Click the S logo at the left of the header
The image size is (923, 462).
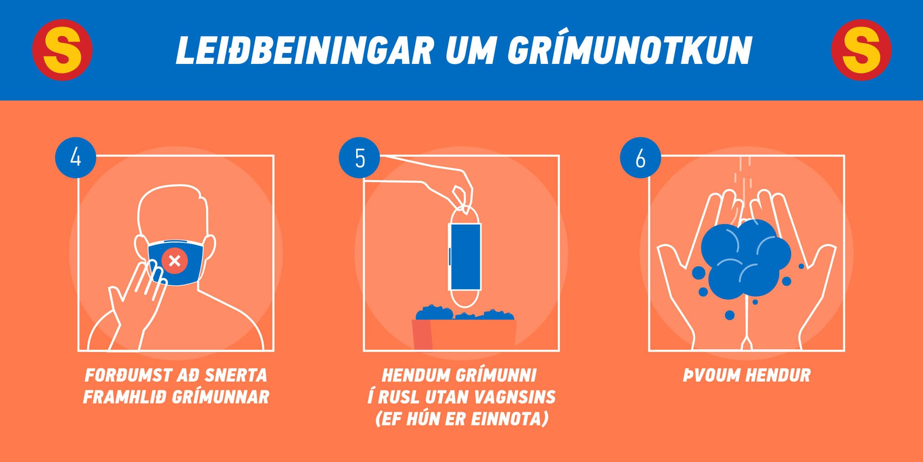[62, 50]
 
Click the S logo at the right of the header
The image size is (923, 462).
[861, 50]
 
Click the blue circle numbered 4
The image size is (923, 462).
[75, 158]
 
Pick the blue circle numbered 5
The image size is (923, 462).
[359, 158]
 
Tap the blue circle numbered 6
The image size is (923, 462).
[640, 158]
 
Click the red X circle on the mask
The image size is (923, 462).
[174, 261]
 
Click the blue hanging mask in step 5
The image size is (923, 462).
[465, 257]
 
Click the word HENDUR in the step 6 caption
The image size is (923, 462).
[778, 375]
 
